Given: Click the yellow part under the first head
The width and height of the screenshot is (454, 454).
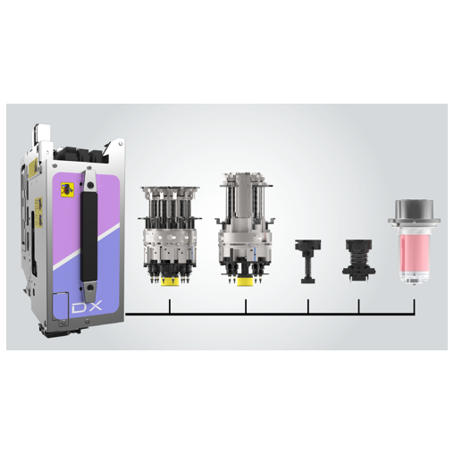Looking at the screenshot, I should click(x=167, y=283).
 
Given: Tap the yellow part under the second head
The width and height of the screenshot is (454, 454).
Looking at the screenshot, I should click(x=245, y=280).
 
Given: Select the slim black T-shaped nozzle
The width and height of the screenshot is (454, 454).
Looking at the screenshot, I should click(x=308, y=260).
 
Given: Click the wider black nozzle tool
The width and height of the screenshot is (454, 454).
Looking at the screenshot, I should click(x=357, y=259).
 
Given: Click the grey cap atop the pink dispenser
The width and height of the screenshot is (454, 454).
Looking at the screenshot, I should click(x=413, y=210).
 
